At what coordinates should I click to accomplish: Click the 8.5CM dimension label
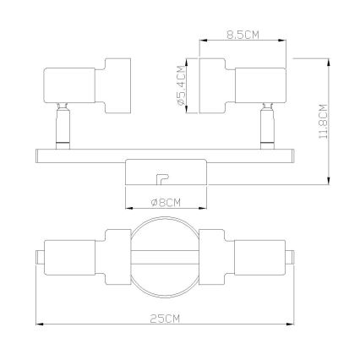point(243,35)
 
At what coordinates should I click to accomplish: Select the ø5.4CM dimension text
point(182,85)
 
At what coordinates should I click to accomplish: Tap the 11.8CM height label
point(323,121)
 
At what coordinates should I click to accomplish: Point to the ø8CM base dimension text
point(166,203)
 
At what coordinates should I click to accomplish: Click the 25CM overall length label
point(165,319)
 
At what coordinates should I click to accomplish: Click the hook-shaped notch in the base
point(162,179)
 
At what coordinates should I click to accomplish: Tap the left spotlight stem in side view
point(63,126)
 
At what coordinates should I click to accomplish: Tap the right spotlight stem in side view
point(267,126)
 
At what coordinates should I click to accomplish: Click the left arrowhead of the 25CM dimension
point(40,325)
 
